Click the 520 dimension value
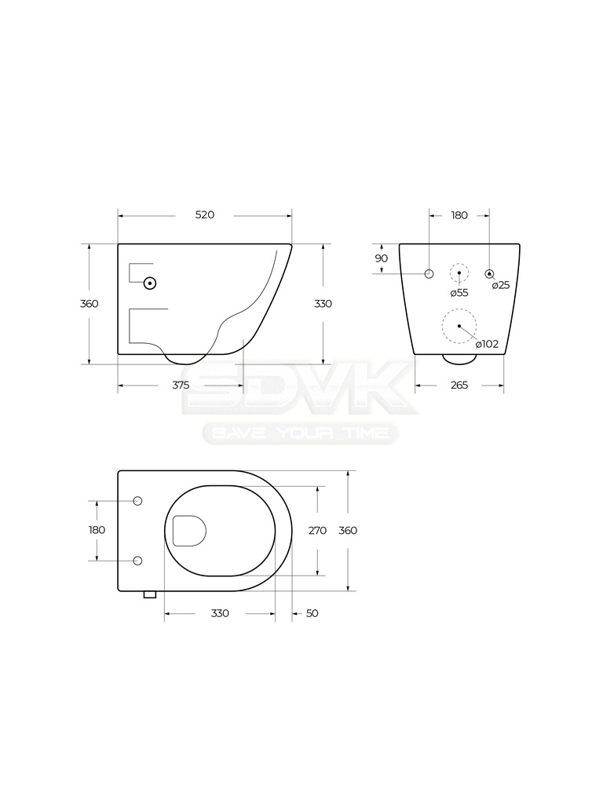(x=205, y=215)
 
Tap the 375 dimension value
(x=181, y=385)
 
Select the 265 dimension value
(x=459, y=385)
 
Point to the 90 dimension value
(x=382, y=258)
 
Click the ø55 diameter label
(x=459, y=293)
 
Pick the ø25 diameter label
(x=501, y=286)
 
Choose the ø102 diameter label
(x=487, y=344)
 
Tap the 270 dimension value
(x=317, y=531)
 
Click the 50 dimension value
(x=312, y=613)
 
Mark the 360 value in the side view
(x=90, y=304)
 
